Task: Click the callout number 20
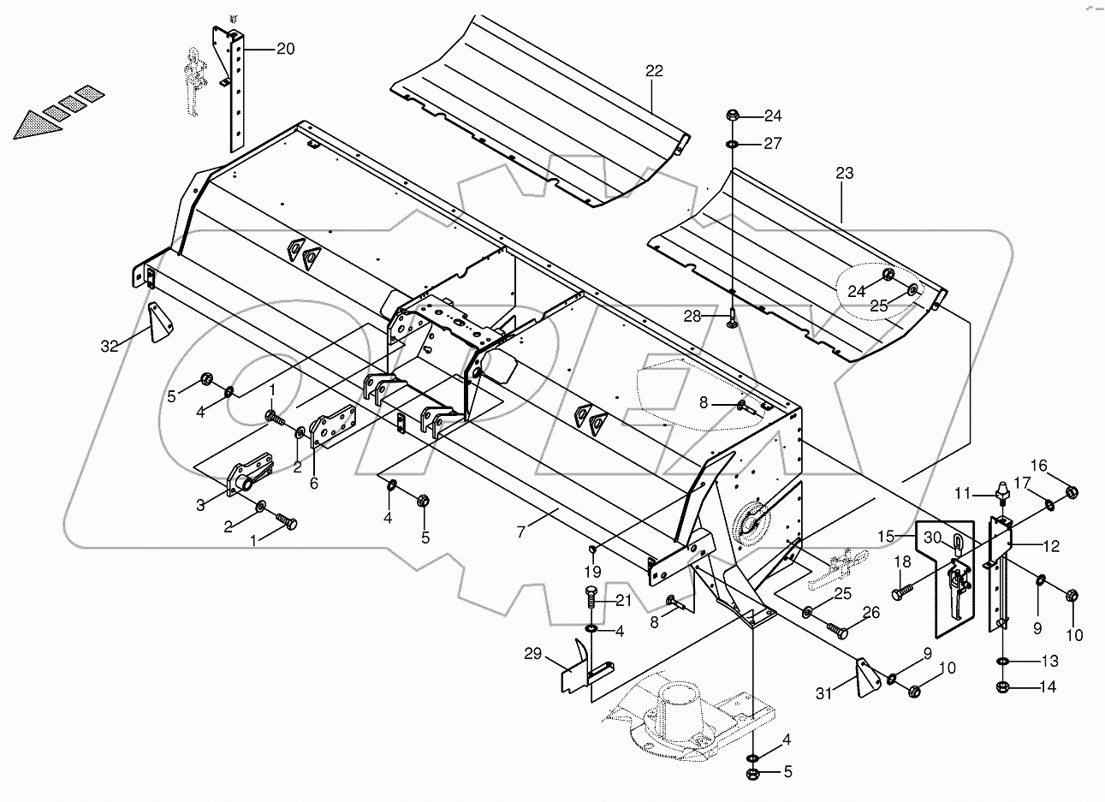[x=285, y=49]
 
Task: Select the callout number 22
[x=654, y=71]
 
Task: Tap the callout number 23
[x=844, y=173]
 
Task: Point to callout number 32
[x=110, y=347]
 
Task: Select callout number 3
[x=199, y=505]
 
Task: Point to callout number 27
[x=772, y=144]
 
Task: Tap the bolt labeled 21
[x=591, y=600]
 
